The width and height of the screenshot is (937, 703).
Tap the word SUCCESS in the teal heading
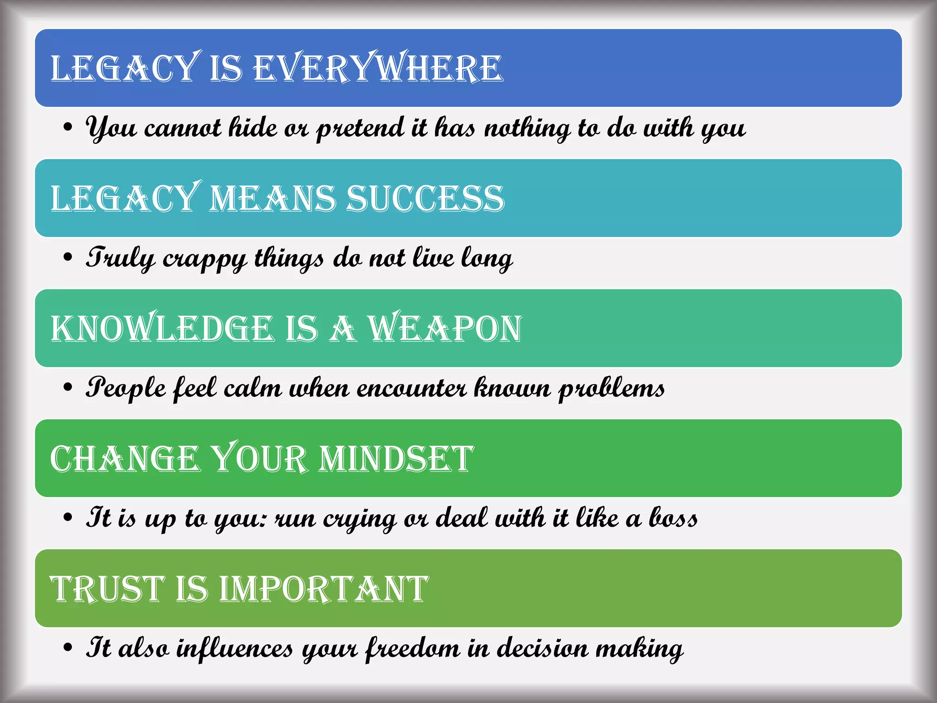click(x=425, y=199)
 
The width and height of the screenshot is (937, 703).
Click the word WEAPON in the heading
click(x=445, y=329)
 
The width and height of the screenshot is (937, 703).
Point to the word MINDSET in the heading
click(x=396, y=459)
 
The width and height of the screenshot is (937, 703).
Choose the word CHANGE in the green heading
click(x=125, y=459)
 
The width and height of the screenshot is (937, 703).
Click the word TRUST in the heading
click(x=107, y=589)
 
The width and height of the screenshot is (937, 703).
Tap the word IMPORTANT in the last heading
click(x=324, y=589)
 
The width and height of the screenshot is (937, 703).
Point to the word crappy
click(x=205, y=259)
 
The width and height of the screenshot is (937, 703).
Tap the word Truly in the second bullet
click(x=120, y=258)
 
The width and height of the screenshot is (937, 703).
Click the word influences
click(x=235, y=648)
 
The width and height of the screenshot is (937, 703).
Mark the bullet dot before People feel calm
click(x=68, y=388)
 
